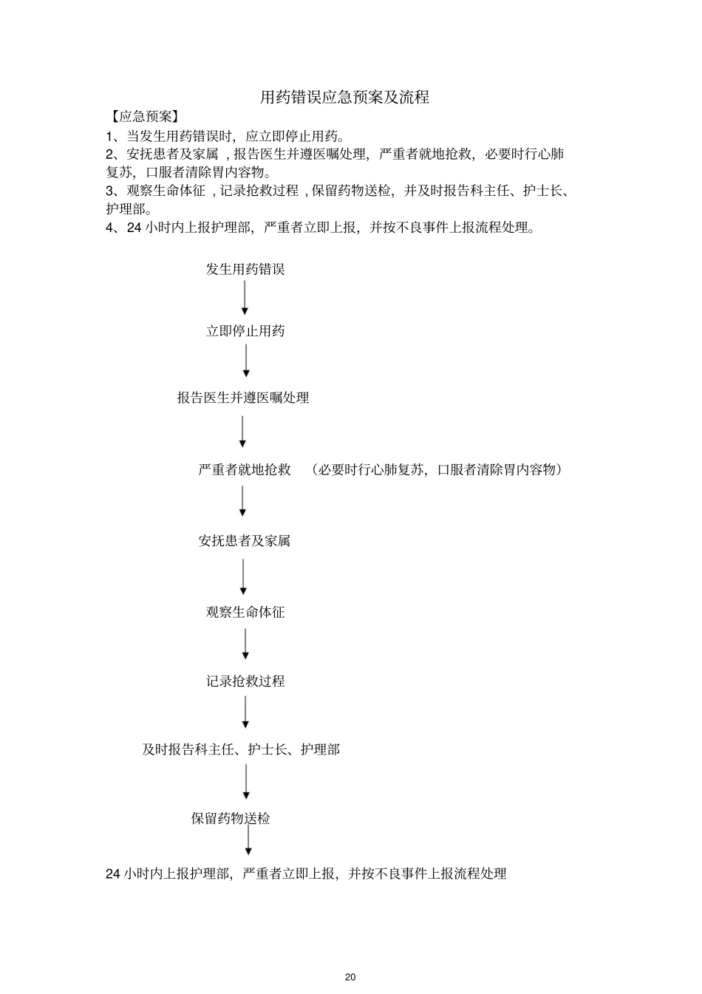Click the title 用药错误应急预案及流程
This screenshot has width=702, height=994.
point(344,98)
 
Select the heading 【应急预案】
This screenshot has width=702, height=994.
point(143,117)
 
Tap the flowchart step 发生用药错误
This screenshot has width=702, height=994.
point(245,270)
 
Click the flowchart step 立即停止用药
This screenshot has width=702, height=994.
point(245,331)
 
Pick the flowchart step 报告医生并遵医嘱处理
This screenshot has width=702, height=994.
point(243,398)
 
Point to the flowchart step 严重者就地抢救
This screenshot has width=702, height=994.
point(245,470)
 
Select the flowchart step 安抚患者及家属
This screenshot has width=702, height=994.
point(245,541)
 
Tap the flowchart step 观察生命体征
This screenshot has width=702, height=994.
point(245,612)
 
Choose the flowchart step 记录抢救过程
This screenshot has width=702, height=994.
point(245,681)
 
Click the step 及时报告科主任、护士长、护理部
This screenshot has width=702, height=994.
point(241,749)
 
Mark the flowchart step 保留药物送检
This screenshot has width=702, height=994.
point(231,819)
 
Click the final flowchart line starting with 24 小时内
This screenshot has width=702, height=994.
point(306,874)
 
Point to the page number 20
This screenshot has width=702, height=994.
point(350,977)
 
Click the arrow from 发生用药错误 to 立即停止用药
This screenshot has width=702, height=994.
point(245,299)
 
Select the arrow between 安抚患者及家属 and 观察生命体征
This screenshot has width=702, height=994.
point(243,576)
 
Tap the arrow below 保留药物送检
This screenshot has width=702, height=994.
point(248,841)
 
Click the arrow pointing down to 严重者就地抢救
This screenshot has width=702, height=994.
point(242,432)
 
